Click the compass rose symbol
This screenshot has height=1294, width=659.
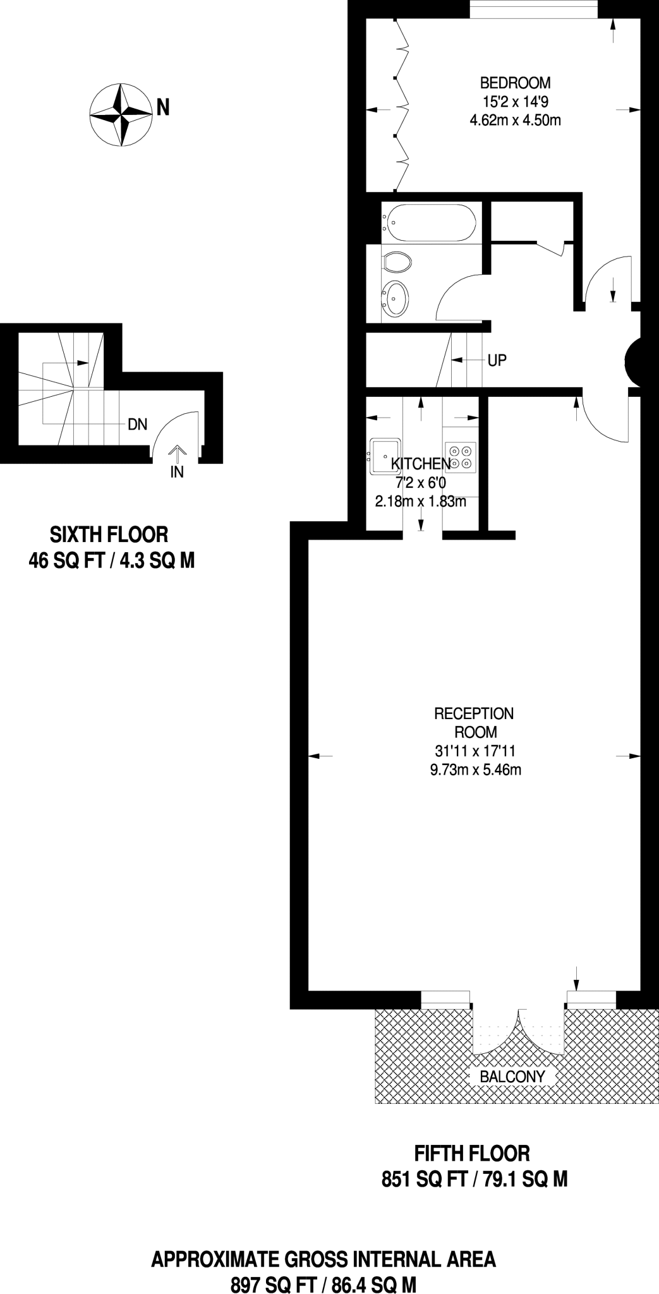121,115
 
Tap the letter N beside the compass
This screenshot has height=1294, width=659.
163,108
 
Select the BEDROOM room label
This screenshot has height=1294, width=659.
515,83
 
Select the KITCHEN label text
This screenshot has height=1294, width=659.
421,464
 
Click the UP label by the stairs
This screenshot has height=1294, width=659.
497,361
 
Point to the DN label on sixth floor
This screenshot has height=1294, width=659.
137,425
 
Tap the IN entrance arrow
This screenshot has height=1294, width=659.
177,456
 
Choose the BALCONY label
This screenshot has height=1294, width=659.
512,1077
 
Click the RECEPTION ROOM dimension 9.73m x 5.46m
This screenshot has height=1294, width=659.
475,770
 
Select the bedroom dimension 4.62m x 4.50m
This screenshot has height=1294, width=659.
515,119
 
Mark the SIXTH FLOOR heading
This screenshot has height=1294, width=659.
109,535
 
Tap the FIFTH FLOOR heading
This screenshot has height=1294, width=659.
471,1154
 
